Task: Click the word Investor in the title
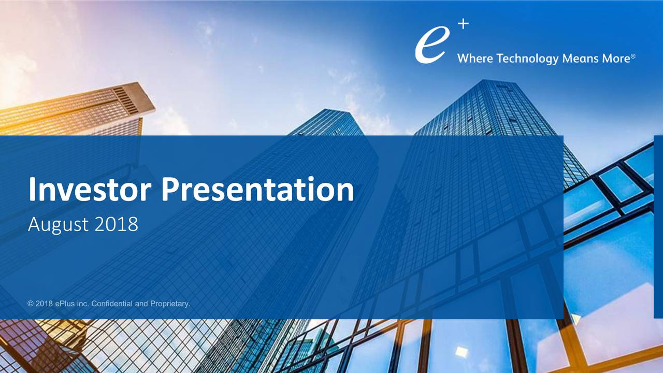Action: [x=90, y=189]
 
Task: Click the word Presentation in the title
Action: [x=257, y=189]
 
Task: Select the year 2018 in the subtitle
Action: [x=117, y=224]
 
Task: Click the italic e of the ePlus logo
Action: [x=431, y=45]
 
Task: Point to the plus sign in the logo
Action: [x=463, y=24]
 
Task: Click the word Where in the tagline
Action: [x=475, y=59]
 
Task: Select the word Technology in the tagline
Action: [x=527, y=59]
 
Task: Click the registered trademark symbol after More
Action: [x=633, y=55]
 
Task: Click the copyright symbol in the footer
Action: [x=30, y=304]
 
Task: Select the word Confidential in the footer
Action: [x=112, y=304]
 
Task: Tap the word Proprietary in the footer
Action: [x=170, y=304]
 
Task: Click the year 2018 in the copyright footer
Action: [x=44, y=304]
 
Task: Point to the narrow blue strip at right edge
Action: [x=658, y=226]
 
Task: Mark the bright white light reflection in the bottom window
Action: [x=462, y=352]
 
